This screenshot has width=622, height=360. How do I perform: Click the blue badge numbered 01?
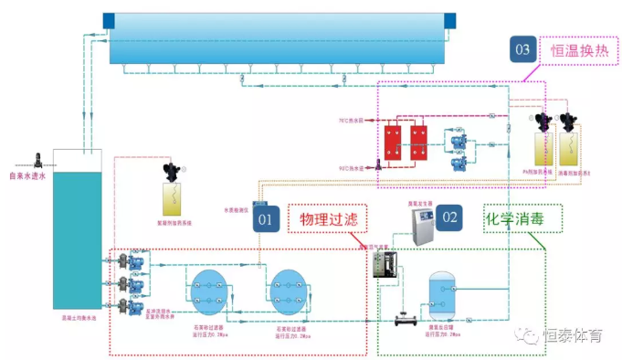[265, 218]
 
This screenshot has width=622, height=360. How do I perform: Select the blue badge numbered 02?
[449, 217]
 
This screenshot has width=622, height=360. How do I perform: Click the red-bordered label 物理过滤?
[325, 219]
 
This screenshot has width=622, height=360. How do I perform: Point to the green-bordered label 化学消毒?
[522, 219]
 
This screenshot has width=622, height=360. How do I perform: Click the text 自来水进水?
[26, 176]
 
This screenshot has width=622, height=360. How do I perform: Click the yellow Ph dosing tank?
[544, 146]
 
